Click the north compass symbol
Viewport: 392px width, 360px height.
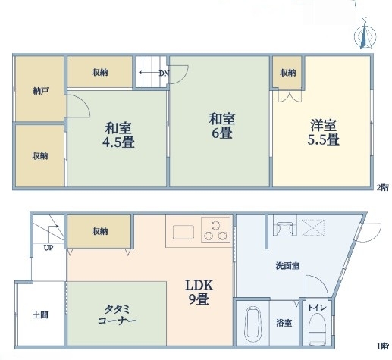click(365, 36)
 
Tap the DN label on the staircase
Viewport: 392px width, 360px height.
click(164, 74)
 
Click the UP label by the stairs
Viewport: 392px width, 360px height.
click(49, 248)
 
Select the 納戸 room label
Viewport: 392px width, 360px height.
click(41, 91)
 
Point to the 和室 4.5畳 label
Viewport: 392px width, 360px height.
click(118, 135)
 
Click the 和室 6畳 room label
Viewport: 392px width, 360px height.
click(222, 126)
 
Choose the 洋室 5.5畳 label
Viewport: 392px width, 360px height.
click(323, 133)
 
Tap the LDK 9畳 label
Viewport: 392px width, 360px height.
click(199, 292)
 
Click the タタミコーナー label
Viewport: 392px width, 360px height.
click(118, 315)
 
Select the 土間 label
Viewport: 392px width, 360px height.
click(40, 315)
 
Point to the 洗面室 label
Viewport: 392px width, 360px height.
click(287, 266)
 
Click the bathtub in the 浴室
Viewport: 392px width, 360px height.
click(252, 322)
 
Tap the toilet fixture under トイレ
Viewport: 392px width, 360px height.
click(317, 329)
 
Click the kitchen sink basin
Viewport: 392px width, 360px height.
click(183, 232)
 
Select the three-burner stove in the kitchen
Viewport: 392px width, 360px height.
click(215, 230)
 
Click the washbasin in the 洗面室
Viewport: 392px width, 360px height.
click(285, 228)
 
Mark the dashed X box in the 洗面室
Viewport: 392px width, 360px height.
click(313, 228)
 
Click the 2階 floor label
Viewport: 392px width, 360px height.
click(383, 188)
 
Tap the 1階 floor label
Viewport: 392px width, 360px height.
click(383, 346)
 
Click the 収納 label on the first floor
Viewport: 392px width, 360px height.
click(100, 231)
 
